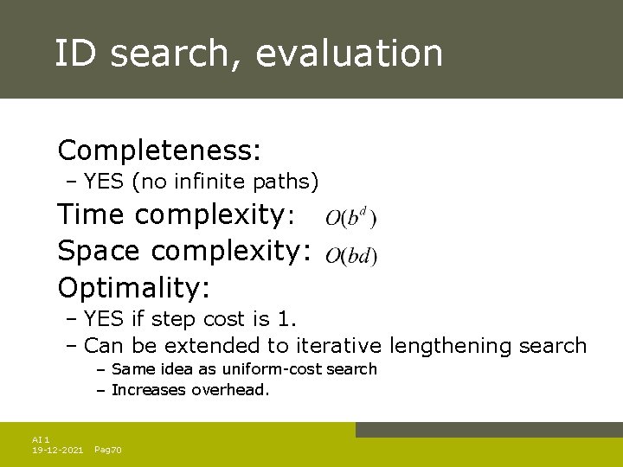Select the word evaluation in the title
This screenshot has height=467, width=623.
[349, 53]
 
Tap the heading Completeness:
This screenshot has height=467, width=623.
[159, 150]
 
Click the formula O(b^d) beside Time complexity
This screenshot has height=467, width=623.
[351, 217]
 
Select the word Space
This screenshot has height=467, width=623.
[103, 250]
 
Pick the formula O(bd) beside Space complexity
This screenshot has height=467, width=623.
[351, 255]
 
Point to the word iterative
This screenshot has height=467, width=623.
[338, 346]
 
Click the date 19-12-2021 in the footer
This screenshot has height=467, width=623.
[57, 451]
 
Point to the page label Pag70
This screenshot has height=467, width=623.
[107, 451]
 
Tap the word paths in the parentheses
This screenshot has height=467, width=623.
[286, 182]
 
